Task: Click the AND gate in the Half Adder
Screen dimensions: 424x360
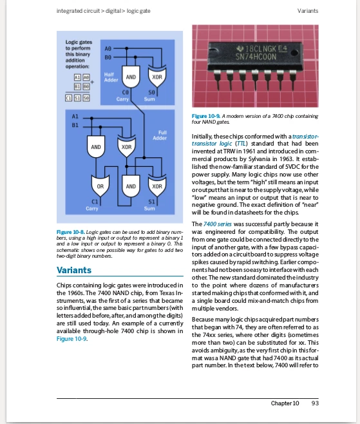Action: [130, 76]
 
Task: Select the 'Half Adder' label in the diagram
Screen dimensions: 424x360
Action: [109, 76]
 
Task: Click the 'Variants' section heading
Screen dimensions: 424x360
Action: [74, 270]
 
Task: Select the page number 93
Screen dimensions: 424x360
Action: [315, 403]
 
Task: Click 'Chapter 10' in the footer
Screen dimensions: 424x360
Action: [285, 403]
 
